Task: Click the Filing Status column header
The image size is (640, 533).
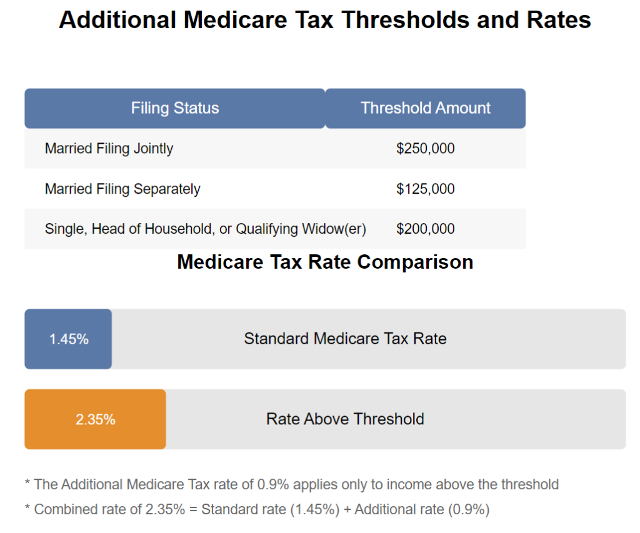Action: click(175, 108)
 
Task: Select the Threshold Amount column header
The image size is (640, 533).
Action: click(426, 108)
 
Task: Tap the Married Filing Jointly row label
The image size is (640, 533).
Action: click(109, 149)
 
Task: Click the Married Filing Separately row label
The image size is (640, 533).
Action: click(122, 189)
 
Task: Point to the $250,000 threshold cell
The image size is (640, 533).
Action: click(425, 149)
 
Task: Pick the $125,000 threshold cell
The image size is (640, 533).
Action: click(425, 189)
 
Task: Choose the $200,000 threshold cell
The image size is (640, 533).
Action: click(425, 229)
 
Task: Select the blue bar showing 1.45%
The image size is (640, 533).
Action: click(68, 339)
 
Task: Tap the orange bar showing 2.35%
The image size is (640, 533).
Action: click(95, 419)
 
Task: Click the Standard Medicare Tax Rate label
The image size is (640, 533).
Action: click(345, 339)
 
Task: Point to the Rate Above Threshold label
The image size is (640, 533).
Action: click(345, 419)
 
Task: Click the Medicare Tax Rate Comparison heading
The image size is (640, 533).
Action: click(325, 262)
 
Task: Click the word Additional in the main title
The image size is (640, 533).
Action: click(117, 21)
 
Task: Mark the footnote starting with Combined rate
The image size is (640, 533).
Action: click(257, 509)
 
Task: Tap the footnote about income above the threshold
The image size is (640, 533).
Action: click(291, 484)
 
